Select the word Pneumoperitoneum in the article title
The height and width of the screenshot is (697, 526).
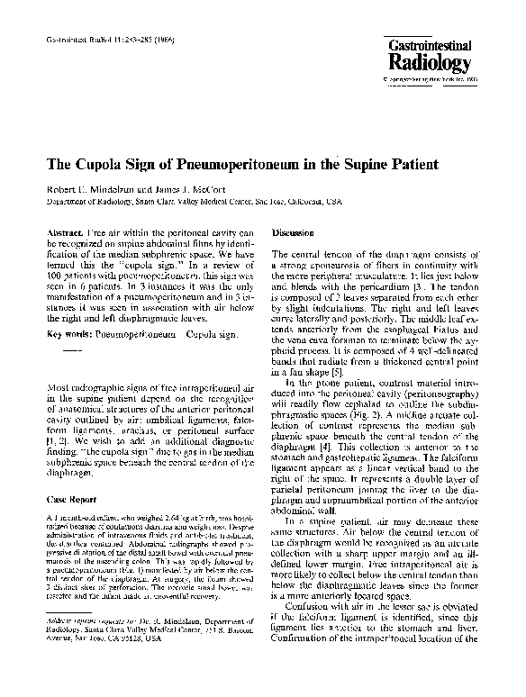pos(231,166)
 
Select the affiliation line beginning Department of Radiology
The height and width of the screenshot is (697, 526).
pos(194,203)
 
